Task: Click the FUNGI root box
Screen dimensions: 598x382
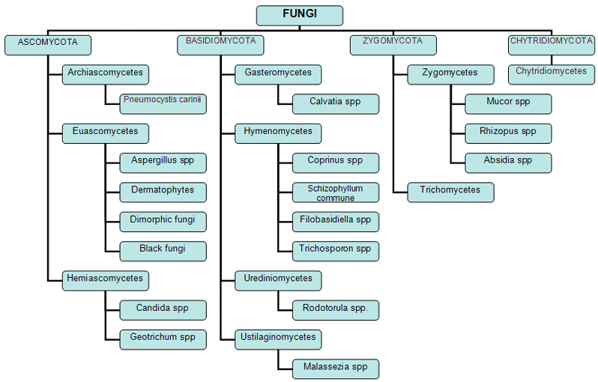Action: click(x=300, y=16)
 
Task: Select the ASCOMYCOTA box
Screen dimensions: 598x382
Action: click(x=48, y=45)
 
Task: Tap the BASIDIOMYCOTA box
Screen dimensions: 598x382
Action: click(x=220, y=45)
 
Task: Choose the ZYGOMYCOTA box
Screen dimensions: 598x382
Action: click(x=393, y=45)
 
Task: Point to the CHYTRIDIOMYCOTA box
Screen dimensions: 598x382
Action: click(x=552, y=45)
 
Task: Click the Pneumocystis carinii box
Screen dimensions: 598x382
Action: click(x=163, y=103)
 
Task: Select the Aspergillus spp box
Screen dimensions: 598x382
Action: click(x=163, y=163)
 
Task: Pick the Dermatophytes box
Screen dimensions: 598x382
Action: click(x=163, y=192)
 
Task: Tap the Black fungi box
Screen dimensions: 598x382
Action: click(x=163, y=251)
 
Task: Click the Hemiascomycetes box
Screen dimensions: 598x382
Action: click(x=106, y=281)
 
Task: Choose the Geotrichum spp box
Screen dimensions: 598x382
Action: click(x=163, y=340)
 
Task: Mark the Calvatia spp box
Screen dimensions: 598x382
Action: click(x=336, y=103)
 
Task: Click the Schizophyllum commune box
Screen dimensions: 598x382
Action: click(x=336, y=192)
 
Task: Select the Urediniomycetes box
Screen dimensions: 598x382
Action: click(x=278, y=281)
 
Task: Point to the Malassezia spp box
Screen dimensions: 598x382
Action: click(x=336, y=369)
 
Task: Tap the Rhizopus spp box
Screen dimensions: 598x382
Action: click(x=508, y=133)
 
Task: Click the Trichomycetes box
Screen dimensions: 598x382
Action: click(x=451, y=192)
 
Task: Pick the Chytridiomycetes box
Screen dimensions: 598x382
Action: click(x=552, y=74)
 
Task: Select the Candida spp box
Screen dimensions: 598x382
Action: click(x=163, y=310)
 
